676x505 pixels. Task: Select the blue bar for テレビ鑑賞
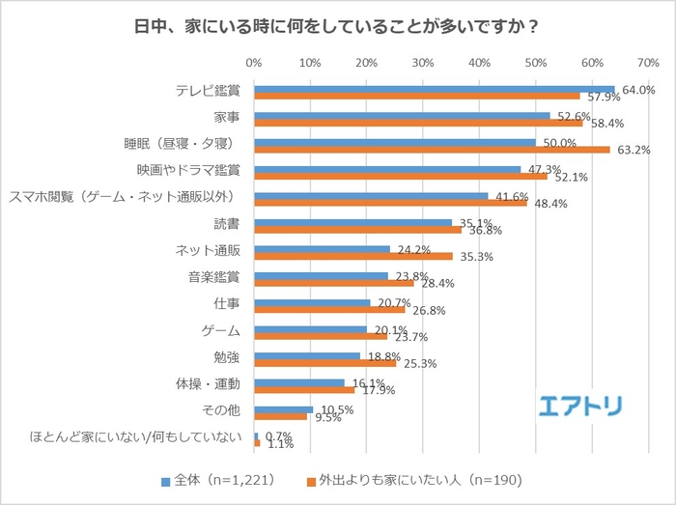point(435,89)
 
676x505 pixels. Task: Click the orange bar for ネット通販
point(353,256)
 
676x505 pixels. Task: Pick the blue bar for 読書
point(352,222)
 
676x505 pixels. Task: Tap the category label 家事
point(227,118)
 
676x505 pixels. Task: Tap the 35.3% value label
point(476,257)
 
